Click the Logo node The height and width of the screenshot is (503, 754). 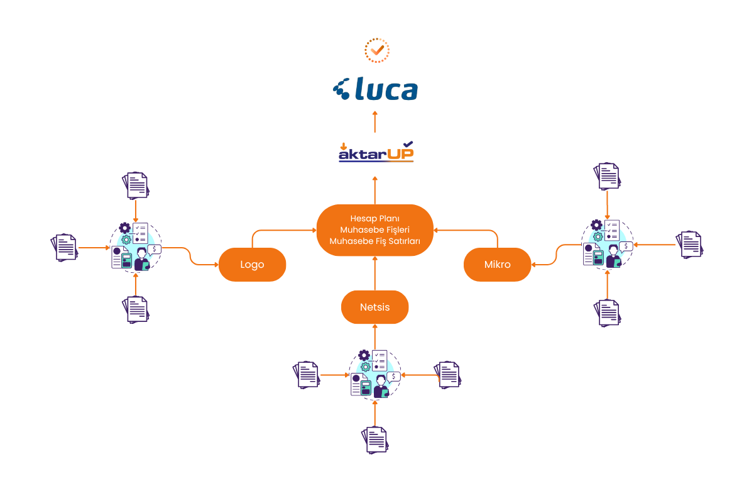(x=252, y=265)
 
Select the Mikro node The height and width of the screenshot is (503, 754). (x=497, y=265)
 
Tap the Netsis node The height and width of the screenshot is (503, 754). (x=374, y=307)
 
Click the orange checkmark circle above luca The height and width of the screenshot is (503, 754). (x=377, y=50)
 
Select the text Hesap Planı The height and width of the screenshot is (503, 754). (x=374, y=218)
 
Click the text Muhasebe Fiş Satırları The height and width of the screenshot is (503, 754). (x=374, y=241)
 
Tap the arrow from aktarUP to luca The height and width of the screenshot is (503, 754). (x=375, y=122)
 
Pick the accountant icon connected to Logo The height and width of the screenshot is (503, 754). (x=135, y=246)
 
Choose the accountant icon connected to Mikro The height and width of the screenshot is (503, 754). (x=607, y=243)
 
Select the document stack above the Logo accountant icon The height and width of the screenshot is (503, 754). (x=135, y=184)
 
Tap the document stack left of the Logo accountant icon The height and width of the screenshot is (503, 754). (x=64, y=247)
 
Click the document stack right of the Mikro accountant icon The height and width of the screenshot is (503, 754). (x=689, y=245)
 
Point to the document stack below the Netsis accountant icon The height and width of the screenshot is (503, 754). (x=375, y=439)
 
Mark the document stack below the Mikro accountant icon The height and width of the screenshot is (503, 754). (x=607, y=312)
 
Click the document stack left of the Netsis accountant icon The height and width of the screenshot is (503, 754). (x=306, y=375)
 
